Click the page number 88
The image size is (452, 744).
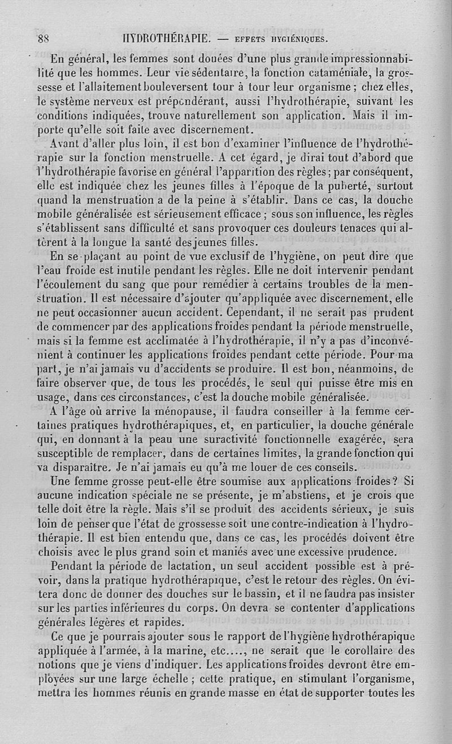pyautogui.click(x=44, y=39)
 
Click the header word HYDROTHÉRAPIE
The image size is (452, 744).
pyautogui.click(x=162, y=39)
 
